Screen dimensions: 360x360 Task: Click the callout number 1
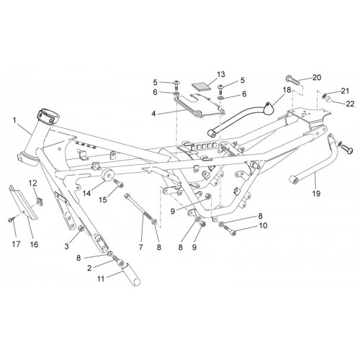click(14, 120)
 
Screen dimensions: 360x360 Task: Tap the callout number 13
click(221, 74)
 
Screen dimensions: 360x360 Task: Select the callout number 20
click(317, 78)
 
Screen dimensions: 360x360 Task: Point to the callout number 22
click(350, 104)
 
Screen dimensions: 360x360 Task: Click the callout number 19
click(316, 194)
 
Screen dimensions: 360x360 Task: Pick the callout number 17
click(16, 244)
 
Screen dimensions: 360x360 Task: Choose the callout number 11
click(101, 279)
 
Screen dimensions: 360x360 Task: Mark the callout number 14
click(87, 193)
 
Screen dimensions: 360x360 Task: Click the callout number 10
click(263, 225)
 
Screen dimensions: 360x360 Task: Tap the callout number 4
click(153, 114)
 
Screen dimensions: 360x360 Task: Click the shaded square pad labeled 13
click(201, 86)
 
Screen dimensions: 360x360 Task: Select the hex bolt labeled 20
click(293, 81)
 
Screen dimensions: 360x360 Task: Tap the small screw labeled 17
click(11, 219)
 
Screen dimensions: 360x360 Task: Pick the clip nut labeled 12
click(40, 202)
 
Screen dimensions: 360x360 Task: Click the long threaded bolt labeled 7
click(140, 207)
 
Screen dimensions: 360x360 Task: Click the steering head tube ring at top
click(48, 116)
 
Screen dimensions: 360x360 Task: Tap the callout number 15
click(103, 199)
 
